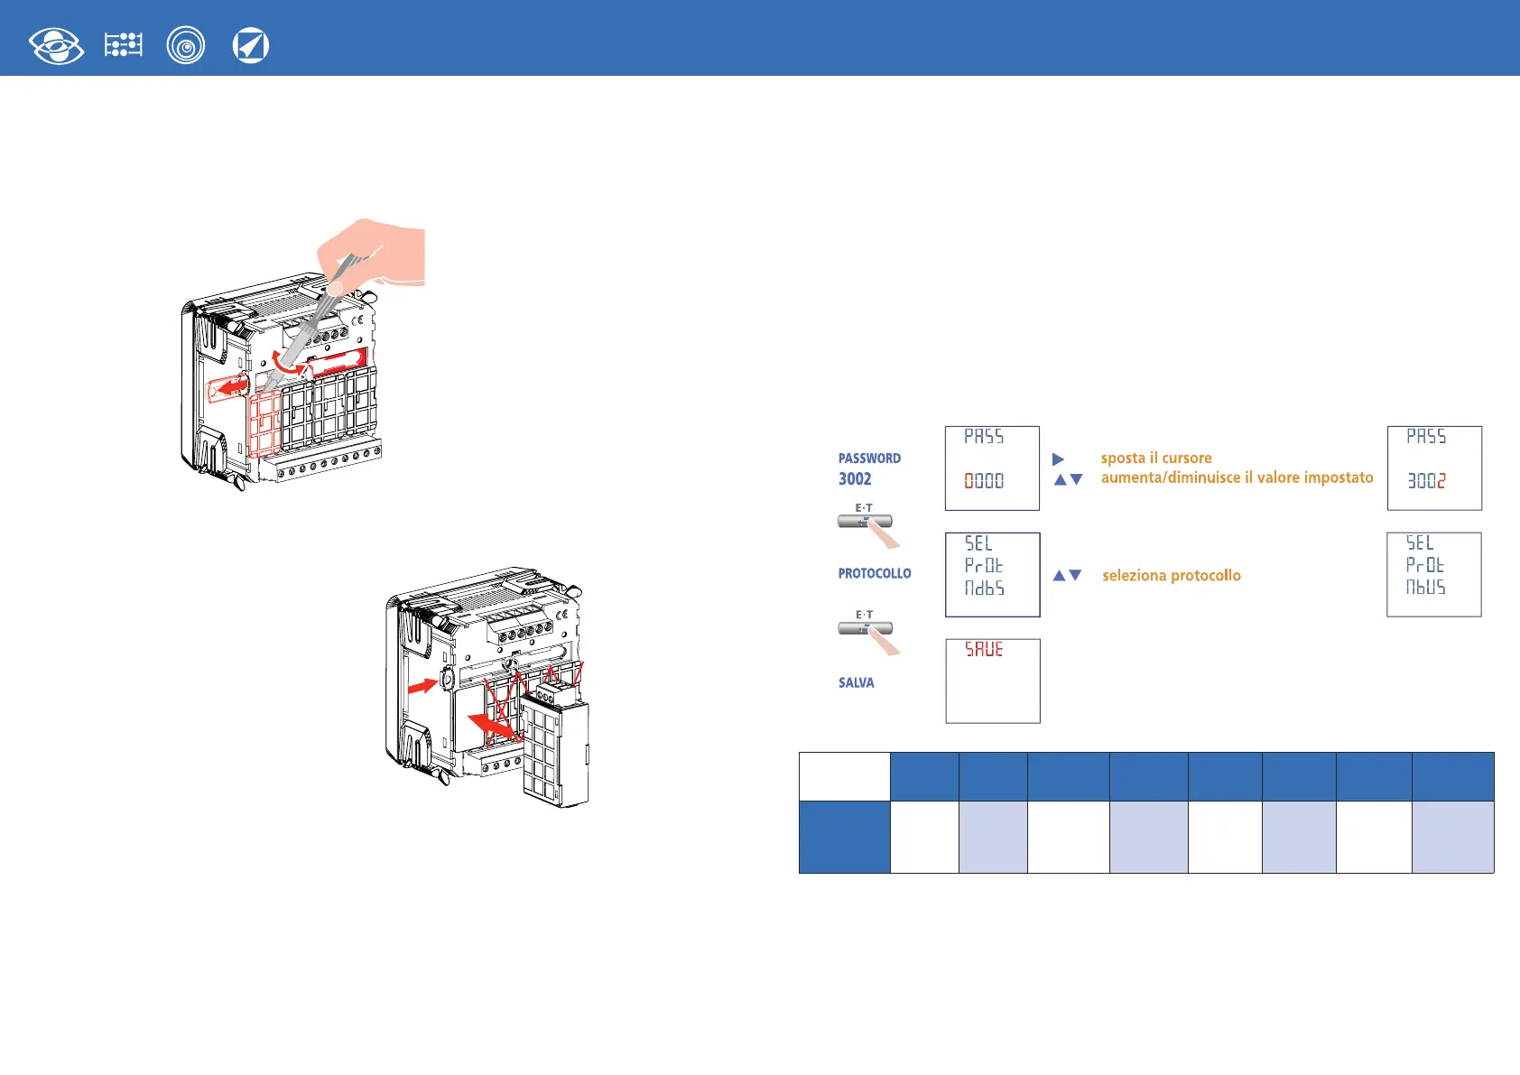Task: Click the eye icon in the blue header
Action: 56,46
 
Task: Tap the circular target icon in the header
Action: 186,46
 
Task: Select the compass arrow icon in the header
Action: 250,46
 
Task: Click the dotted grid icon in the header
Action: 124,45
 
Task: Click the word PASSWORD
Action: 869,459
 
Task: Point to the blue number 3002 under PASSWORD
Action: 855,479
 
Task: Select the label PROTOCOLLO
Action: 875,573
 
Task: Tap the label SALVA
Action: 856,683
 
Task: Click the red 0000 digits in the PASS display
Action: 984,481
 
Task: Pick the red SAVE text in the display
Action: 984,650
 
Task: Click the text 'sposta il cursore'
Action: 1156,459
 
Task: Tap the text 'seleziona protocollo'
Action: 1171,576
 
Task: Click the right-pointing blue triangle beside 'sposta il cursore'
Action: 1058,459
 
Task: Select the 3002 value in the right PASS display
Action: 1426,481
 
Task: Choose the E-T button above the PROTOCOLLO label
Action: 865,521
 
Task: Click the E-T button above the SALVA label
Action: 865,628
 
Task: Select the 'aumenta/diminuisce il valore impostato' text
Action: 1237,477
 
